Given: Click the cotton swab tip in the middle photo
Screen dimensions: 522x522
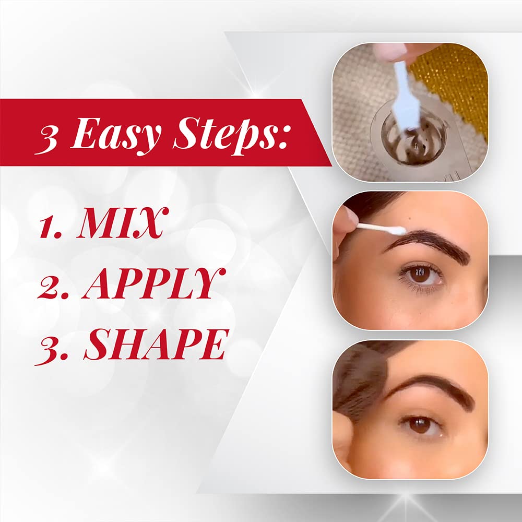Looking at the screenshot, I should coord(398,230).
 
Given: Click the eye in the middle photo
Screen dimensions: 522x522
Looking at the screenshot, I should coord(421,274).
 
